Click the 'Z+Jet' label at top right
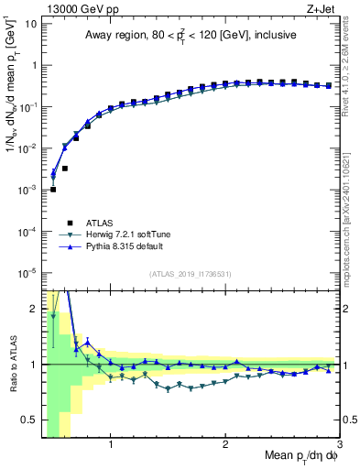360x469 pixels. tap(324, 8)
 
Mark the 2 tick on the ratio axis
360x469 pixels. tap(32, 309)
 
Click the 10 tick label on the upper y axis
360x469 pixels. tap(29, 23)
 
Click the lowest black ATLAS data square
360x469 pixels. tap(53, 189)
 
